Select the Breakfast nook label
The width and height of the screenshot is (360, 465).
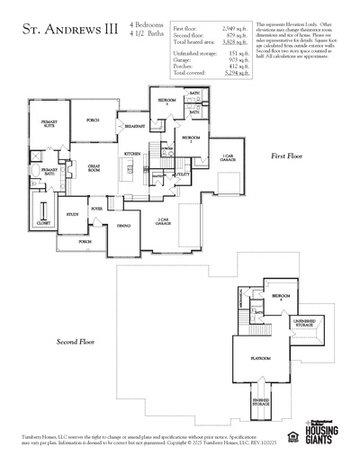click(x=136, y=125)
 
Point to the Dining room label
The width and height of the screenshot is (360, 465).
click(x=124, y=225)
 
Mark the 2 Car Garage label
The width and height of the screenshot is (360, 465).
click(x=163, y=221)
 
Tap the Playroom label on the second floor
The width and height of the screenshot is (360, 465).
click(x=260, y=358)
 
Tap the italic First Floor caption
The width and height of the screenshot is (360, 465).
click(x=288, y=156)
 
